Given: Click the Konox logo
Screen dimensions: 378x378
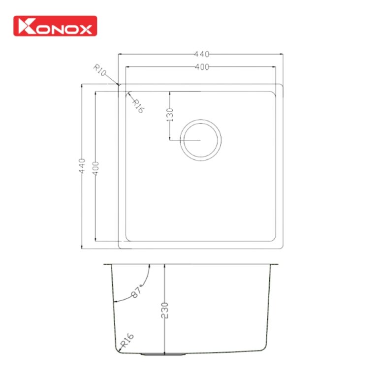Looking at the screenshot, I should [55, 26].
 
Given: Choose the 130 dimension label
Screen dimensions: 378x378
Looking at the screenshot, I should [170, 115].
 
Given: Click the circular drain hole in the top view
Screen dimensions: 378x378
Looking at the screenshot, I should [201, 140].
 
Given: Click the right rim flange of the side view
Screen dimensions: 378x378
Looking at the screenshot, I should [274, 264].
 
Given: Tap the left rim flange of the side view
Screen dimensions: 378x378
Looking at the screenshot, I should [108, 264].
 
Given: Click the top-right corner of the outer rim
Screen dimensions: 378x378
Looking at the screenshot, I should [282, 86].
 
